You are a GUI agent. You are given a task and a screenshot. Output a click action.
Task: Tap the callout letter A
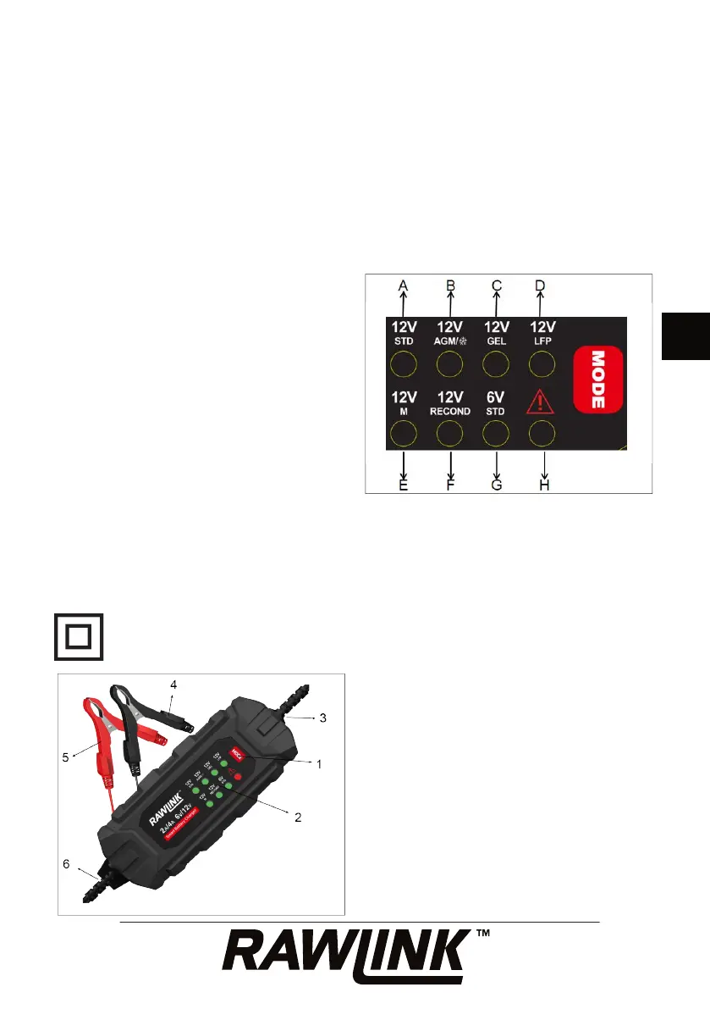coord(404,286)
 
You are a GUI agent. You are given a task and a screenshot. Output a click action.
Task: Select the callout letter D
coord(541,286)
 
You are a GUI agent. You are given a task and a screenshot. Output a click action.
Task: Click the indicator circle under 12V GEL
coord(495,364)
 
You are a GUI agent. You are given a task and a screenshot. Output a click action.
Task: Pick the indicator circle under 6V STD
coord(495,435)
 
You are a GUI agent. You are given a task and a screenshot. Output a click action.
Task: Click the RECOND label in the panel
coord(449,411)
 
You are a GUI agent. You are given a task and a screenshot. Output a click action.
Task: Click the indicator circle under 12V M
coord(404,435)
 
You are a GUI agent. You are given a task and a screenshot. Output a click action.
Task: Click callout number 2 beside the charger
coord(298,818)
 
